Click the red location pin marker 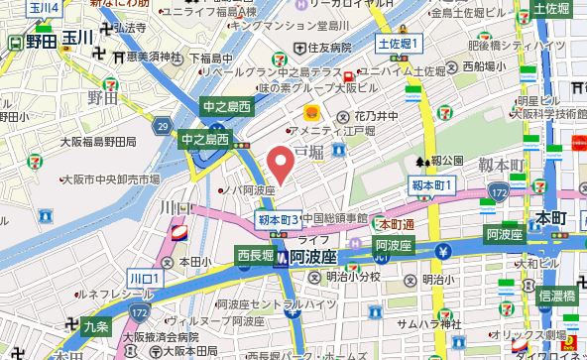click(282, 164)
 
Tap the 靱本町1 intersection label click(432, 185)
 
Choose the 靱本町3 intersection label click(278, 218)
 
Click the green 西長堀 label click(254, 256)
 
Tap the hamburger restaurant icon click(310, 112)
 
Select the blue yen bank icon click(445, 249)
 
